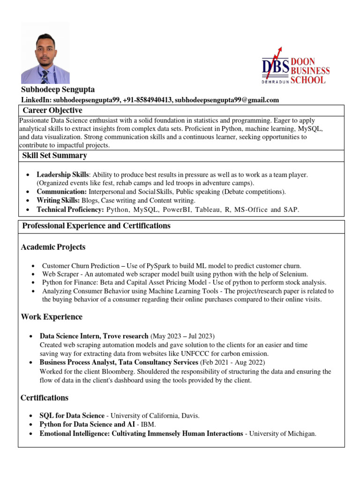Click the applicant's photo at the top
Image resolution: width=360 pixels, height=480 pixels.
[45, 53]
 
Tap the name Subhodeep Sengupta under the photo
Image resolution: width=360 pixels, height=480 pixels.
[58, 90]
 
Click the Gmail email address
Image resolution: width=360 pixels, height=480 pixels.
[227, 100]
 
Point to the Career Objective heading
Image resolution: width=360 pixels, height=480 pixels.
[52, 111]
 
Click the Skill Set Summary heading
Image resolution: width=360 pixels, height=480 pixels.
[55, 156]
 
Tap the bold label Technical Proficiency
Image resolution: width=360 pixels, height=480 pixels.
[70, 210]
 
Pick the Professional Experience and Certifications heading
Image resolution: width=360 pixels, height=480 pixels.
[97, 226]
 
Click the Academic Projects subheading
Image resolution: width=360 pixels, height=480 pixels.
[53, 247]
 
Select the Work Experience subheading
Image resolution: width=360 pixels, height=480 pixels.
[52, 317]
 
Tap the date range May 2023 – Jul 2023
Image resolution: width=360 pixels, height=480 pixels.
[182, 336]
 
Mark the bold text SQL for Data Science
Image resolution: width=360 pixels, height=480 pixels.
[72, 415]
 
